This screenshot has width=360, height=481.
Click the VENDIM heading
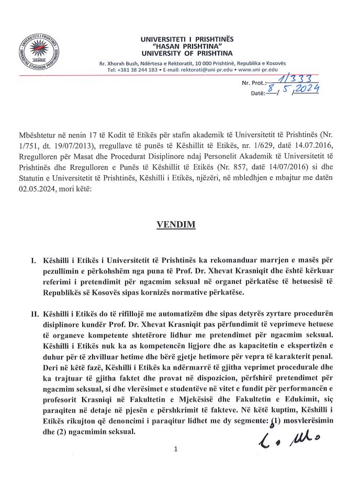176,225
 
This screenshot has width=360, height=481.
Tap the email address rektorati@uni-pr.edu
206,70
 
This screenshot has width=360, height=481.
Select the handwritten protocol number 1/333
293,79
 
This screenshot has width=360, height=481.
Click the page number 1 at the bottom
176,449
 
